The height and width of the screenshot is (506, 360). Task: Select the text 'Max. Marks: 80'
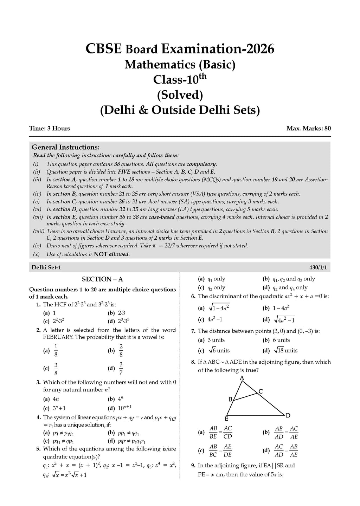point(308,128)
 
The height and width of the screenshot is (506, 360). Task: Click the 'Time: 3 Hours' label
point(50,128)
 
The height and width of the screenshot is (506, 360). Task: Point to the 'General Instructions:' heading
point(66,147)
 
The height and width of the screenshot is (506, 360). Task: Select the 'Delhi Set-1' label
point(46,267)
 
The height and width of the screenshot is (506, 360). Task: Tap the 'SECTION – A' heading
point(102,279)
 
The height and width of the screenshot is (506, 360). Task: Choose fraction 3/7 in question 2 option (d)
point(121,368)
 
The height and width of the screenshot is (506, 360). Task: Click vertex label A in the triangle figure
point(242,378)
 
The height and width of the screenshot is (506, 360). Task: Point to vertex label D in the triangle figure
point(288,416)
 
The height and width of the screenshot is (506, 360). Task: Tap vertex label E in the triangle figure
point(227,419)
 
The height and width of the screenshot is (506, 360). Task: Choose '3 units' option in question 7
point(216,340)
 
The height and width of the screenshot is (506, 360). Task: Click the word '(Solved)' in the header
point(180,95)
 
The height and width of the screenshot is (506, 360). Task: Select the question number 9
point(193,466)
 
